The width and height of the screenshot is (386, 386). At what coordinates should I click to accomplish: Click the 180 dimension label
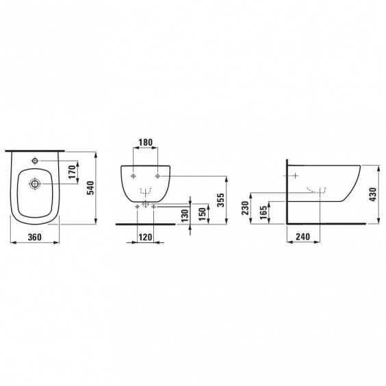click(x=146, y=142)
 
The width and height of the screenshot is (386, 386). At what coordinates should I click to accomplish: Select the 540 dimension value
click(x=90, y=188)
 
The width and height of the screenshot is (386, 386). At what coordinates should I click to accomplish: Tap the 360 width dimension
click(x=35, y=237)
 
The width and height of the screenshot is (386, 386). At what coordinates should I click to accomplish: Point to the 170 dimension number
click(x=72, y=172)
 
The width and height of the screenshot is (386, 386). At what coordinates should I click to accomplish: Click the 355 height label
click(x=221, y=200)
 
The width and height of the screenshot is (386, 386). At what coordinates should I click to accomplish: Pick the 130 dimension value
click(x=185, y=216)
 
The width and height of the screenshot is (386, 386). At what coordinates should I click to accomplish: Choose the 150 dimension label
click(x=202, y=214)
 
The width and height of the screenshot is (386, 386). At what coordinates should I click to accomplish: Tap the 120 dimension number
click(x=145, y=237)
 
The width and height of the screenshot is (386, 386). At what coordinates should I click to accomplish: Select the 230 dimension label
click(x=245, y=208)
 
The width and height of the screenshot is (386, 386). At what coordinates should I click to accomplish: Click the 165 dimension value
click(x=263, y=212)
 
